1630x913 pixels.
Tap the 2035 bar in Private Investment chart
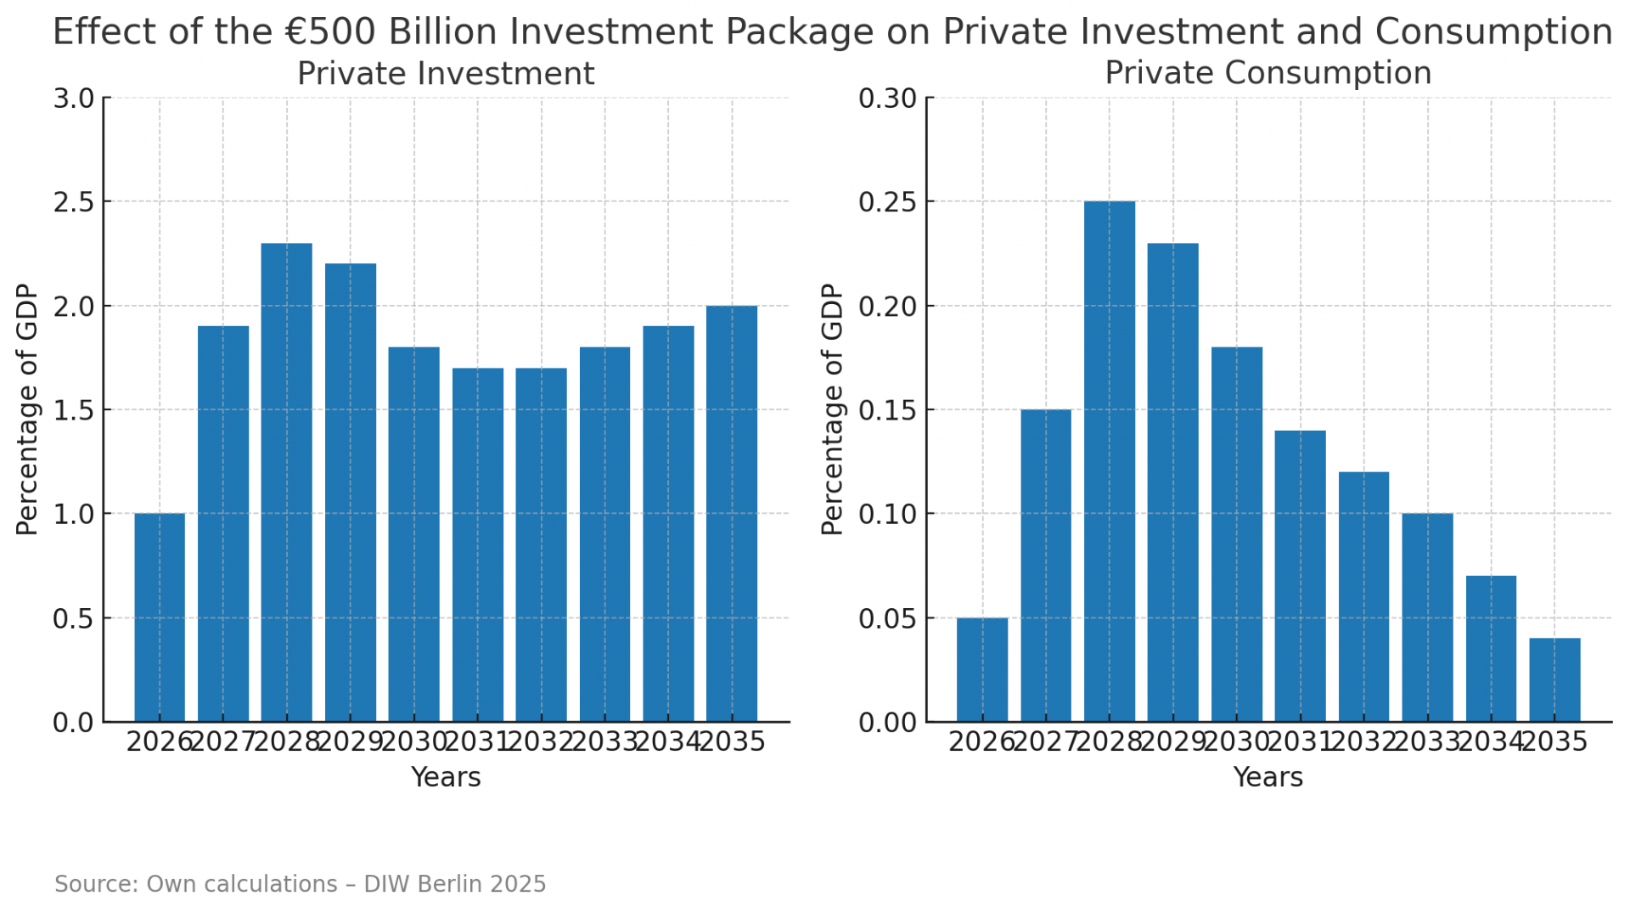click(732, 514)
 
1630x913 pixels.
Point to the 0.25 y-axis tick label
click(887, 202)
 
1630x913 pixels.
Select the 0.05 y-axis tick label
click(887, 618)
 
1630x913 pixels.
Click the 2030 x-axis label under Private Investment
click(413, 742)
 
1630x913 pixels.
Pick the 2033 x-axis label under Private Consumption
click(1427, 742)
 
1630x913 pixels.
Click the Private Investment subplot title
click(446, 74)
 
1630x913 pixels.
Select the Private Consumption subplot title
click(1267, 73)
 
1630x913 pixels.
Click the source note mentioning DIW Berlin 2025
click(301, 884)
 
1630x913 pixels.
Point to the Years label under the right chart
click(1267, 777)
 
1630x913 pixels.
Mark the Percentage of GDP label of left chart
click(27, 409)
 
